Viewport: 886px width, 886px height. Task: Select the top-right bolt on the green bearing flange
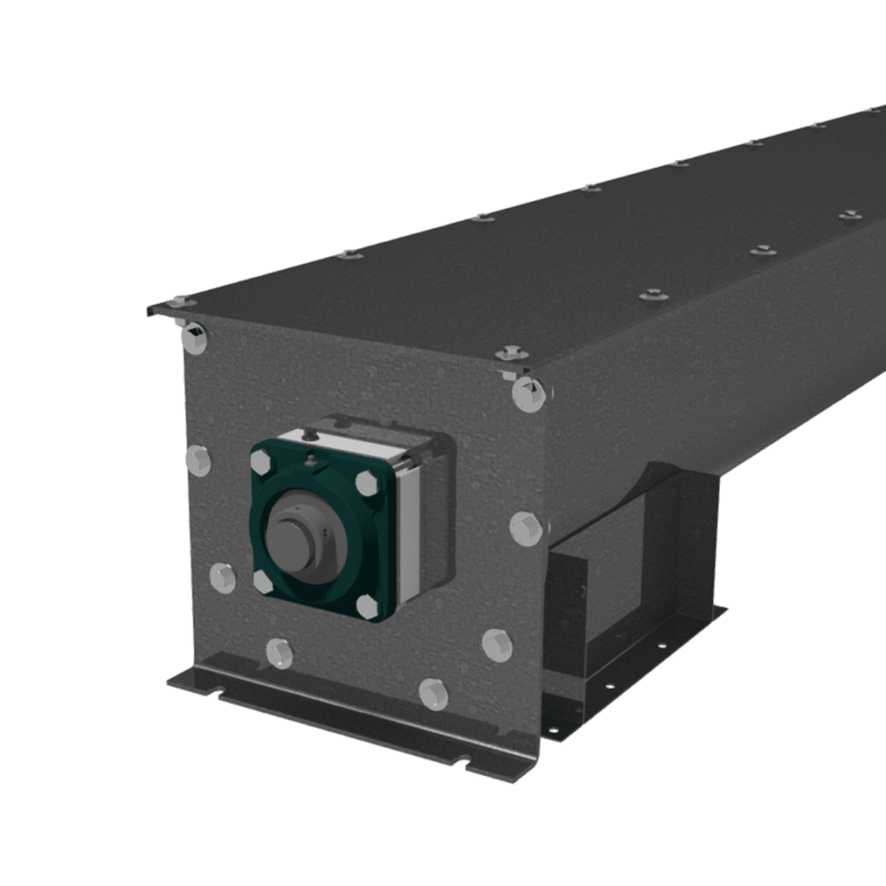[x=367, y=483]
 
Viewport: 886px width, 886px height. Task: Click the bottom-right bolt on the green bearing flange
[x=368, y=607]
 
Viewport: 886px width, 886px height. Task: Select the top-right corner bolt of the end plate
[x=528, y=394]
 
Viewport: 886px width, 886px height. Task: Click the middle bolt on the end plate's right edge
[x=525, y=528]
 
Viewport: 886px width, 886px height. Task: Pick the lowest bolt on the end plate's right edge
[x=497, y=645]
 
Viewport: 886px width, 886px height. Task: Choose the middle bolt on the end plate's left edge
[x=198, y=460]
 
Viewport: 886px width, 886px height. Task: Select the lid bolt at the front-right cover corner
[x=511, y=352]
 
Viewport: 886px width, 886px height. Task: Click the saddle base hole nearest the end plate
[x=554, y=730]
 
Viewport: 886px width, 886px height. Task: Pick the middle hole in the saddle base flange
[x=609, y=685]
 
